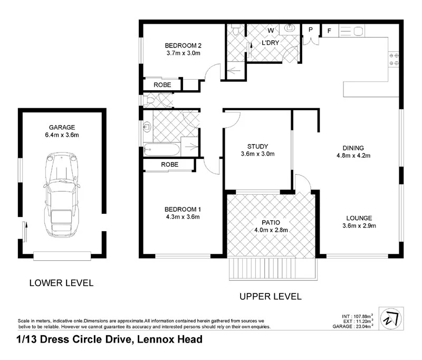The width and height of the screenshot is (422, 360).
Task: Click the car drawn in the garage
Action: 62,195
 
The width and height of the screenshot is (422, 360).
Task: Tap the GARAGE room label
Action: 62,127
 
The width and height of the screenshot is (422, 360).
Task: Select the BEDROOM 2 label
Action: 183,45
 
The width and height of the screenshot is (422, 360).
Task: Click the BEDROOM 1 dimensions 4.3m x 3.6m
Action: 183,217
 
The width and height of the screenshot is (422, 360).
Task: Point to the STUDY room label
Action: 257,146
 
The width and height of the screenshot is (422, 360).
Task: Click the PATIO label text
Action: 271,223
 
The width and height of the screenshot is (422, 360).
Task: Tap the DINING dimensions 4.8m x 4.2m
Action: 353,156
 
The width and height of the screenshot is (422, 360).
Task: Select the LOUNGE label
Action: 359,218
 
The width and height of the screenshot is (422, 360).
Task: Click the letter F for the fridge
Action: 329,31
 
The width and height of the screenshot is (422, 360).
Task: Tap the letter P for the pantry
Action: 311,30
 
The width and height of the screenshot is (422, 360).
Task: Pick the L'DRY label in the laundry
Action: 270,43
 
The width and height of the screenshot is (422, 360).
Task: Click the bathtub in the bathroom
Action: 161,149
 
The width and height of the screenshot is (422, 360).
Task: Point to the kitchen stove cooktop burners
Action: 394,59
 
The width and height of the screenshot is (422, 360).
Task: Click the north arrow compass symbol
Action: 391,318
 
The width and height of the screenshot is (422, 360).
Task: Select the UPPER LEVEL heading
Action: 271,297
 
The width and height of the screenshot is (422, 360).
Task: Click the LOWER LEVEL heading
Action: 61,283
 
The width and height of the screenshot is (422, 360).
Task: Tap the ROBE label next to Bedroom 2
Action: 162,85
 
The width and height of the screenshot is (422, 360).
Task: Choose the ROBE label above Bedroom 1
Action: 169,165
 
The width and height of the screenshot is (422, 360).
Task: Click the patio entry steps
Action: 273,269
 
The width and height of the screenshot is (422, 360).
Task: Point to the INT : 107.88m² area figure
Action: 358,316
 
